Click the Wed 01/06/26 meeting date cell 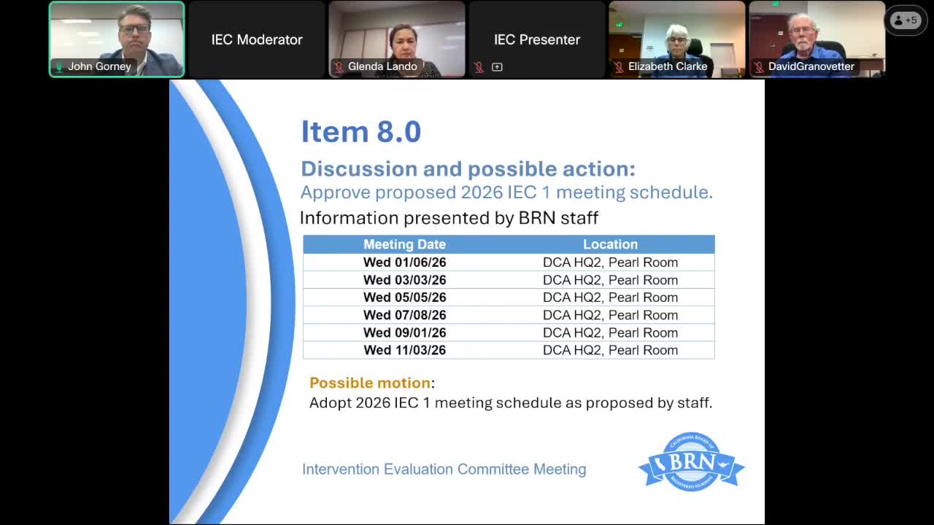point(404,262)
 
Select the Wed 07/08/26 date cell point(404,315)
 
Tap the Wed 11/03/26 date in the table point(404,350)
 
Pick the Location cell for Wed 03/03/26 point(610,280)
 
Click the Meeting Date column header point(404,244)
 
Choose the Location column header point(610,244)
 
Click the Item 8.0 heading point(361,132)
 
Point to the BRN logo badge point(691,462)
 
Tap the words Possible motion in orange point(370,383)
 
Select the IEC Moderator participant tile point(257,39)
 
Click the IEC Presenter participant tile point(537,39)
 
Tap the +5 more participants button point(906,20)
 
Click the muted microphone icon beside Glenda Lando point(339,67)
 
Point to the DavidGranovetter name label point(811,66)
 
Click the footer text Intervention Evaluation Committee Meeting point(444,470)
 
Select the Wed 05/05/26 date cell point(404,297)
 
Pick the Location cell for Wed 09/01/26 point(610,332)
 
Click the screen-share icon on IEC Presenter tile point(497,67)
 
